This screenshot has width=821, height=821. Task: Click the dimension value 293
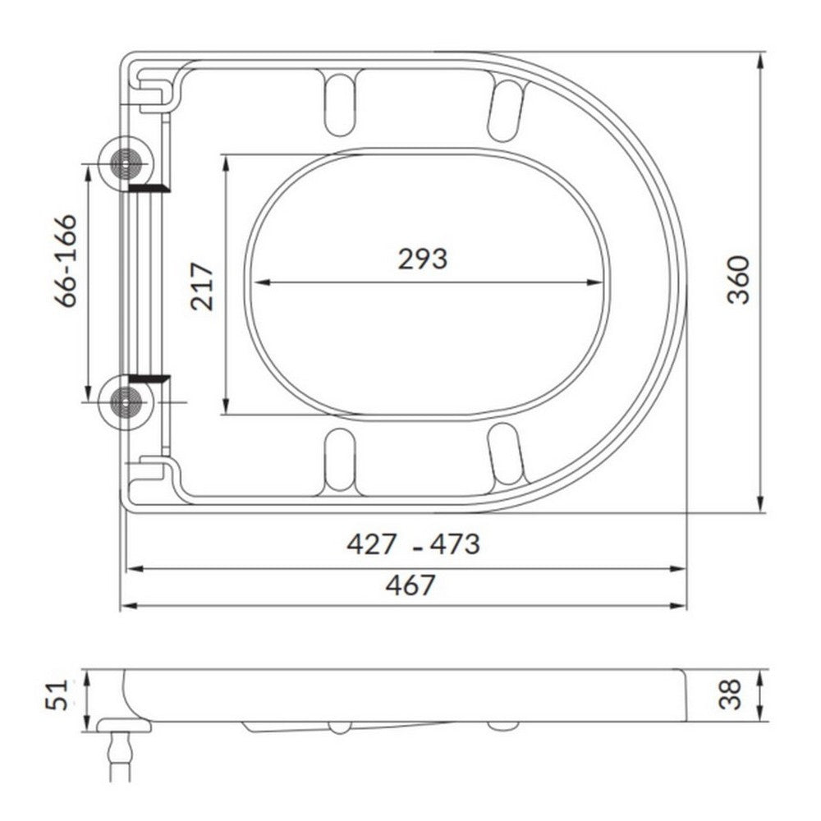(423, 259)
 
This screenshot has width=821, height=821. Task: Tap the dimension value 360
(740, 280)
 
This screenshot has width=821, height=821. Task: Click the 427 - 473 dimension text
(413, 544)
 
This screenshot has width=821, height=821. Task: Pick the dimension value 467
(411, 585)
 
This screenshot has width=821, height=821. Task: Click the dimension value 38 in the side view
(732, 695)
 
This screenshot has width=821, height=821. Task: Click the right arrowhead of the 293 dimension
(599, 282)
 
